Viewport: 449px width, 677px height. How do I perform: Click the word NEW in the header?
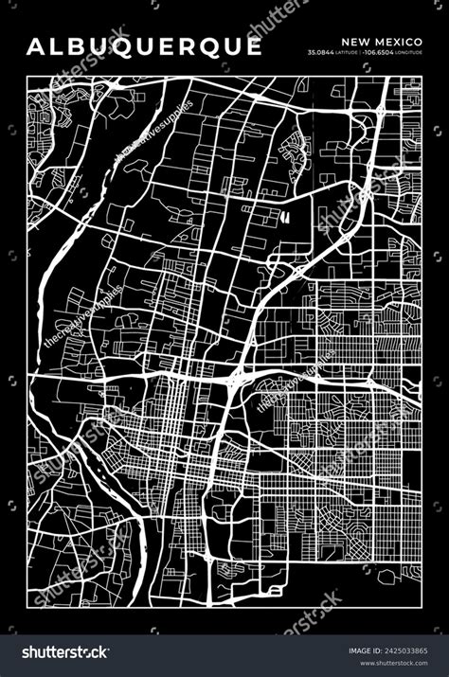354,42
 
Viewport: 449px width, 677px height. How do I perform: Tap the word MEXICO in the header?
398,42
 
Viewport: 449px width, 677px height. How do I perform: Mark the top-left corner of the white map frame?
28,75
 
